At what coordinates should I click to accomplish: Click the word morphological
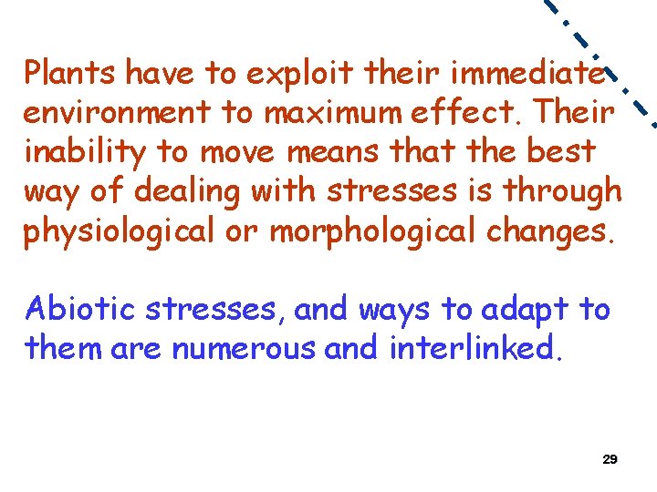tap(374, 231)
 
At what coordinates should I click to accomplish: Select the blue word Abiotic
tap(79, 309)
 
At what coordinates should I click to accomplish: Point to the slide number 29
tap(610, 459)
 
